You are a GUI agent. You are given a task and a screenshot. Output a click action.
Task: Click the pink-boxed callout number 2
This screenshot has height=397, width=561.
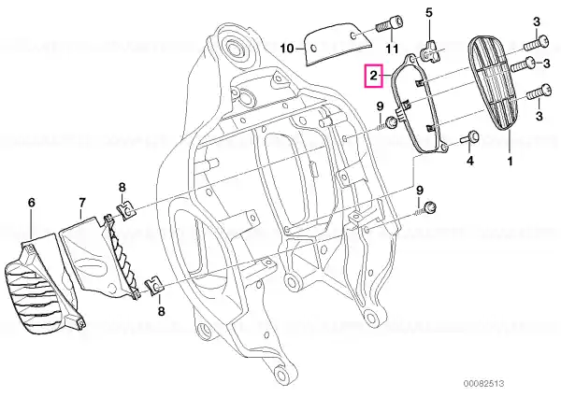tap(373, 76)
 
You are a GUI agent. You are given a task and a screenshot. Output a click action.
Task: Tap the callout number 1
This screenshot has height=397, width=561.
tap(510, 162)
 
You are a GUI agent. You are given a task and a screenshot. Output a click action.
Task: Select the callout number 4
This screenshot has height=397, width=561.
tap(470, 161)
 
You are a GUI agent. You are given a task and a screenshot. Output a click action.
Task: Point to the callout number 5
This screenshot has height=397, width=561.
tap(428, 13)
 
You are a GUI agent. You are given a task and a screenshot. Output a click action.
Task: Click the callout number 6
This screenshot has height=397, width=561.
tap(32, 203)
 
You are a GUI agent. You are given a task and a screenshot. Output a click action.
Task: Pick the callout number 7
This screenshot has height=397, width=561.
tap(82, 203)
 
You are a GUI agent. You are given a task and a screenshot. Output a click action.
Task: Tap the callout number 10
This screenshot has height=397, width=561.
tap(287, 48)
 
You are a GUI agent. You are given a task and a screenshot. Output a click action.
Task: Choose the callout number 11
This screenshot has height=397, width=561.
tap(392, 49)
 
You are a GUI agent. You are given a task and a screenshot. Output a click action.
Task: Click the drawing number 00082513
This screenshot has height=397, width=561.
tap(483, 383)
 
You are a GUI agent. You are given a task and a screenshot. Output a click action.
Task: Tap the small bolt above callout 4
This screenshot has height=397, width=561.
tap(468, 138)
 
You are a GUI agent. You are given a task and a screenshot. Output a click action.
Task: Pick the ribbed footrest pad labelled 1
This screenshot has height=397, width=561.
tap(494, 84)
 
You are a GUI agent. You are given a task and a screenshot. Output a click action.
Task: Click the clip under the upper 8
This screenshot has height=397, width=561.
tap(126, 211)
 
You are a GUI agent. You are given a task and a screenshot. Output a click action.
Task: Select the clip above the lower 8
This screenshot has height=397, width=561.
tap(153, 286)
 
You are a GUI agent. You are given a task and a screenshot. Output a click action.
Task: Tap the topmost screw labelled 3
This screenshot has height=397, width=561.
tap(536, 43)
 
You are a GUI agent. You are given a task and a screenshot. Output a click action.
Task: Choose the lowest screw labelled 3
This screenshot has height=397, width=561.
tap(539, 92)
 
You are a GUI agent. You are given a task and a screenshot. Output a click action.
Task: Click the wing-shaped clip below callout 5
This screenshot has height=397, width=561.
tap(427, 54)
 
